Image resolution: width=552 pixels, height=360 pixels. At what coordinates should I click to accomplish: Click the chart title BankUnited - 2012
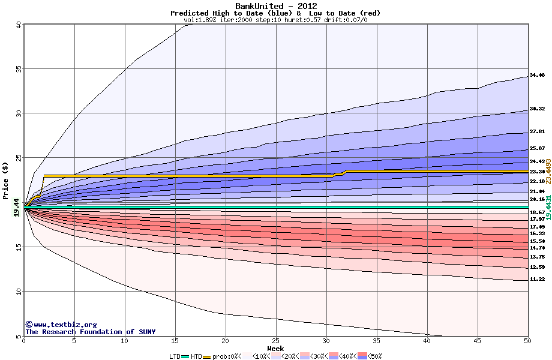tap(275, 6)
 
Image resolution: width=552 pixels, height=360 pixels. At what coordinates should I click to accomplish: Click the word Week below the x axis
tap(275, 349)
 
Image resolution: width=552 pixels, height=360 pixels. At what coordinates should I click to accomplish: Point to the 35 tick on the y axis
tap(18, 69)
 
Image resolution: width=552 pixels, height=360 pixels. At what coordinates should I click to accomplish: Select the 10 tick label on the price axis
tap(18, 292)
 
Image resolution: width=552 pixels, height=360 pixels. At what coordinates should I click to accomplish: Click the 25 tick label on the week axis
tap(275, 341)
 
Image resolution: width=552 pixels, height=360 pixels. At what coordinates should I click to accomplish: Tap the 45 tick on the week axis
tap(477, 341)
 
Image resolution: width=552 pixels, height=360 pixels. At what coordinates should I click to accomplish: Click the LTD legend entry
tap(175, 356)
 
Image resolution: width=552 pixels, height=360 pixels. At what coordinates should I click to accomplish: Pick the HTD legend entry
tap(196, 356)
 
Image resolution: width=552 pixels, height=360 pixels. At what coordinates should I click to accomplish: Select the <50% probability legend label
tap(374, 356)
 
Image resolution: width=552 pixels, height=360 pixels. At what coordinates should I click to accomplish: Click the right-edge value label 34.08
tap(537, 76)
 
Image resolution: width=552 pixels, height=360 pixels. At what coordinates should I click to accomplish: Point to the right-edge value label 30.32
tap(537, 109)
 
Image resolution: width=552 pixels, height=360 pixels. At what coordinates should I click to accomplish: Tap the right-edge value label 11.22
tap(537, 279)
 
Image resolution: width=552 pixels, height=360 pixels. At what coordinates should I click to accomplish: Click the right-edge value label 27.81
tap(537, 132)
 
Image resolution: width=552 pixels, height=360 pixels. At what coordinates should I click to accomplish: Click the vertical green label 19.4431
tap(548, 207)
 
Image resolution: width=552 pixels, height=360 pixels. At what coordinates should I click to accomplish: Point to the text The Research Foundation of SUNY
tap(90, 331)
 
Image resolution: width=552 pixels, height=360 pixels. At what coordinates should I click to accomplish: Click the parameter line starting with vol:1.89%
tap(275, 20)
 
